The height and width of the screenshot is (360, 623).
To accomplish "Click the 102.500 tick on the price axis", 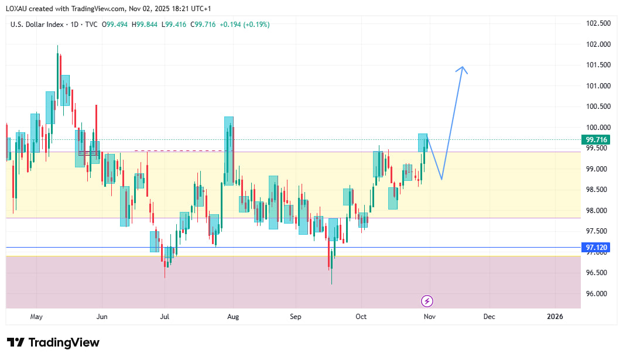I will (597, 23).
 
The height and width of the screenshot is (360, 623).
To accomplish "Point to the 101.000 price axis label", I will (597, 86).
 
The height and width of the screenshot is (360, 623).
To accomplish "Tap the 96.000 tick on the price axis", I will (597, 294).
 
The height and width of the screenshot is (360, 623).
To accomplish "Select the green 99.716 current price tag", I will (597, 139).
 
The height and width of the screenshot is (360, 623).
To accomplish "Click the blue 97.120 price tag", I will (597, 248).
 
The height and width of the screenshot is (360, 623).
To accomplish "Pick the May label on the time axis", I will (36, 317).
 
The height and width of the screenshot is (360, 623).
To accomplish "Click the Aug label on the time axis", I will (233, 317).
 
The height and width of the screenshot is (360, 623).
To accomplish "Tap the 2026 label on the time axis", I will (554, 317).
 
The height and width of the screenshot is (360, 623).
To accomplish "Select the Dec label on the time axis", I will (489, 317).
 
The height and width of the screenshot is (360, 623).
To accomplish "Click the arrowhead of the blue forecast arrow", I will (463, 68).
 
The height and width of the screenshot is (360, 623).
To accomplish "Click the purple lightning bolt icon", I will (427, 301).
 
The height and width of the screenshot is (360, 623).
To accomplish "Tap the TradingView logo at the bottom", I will (53, 342).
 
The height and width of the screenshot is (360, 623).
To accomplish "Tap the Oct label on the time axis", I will (361, 317).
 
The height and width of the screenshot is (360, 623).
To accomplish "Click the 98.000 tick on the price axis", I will (597, 211).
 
